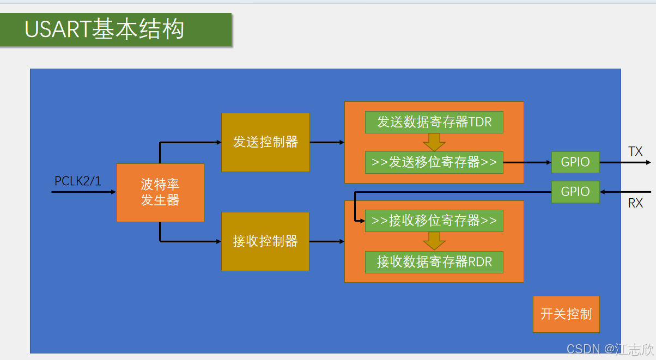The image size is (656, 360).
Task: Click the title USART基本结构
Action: tap(104, 29)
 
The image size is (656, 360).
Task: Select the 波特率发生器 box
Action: tap(160, 193)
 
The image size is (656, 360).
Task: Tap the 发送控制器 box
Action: tap(265, 142)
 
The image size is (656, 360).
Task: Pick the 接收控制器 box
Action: tap(265, 241)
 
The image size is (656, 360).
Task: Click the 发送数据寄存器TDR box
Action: tap(434, 122)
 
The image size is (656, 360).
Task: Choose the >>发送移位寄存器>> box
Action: tap(434, 162)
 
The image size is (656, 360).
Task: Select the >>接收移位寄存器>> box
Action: tap(434, 221)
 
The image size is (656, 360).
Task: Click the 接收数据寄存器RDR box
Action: tap(434, 262)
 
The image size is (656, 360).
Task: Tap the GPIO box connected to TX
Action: tap(575, 162)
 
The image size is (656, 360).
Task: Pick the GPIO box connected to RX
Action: tap(575, 192)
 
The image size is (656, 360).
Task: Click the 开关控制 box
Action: tap(566, 314)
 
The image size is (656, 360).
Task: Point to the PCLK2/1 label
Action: tap(78, 181)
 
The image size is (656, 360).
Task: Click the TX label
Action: tap(635, 151)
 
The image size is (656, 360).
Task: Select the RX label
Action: tap(635, 203)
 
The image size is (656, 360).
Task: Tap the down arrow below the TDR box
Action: tap(434, 142)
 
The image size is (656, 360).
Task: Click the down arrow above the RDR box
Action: tap(434, 241)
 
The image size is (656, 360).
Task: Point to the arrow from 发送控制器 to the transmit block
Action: tap(327, 142)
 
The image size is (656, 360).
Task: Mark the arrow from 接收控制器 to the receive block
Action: tap(327, 241)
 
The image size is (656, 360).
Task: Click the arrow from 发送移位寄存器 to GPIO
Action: tap(527, 162)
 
